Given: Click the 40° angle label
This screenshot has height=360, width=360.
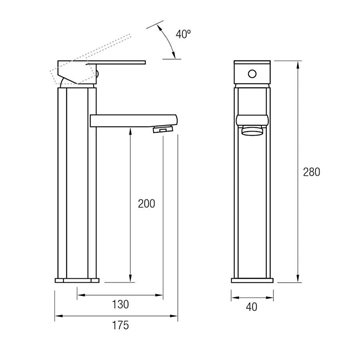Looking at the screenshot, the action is tap(184, 34).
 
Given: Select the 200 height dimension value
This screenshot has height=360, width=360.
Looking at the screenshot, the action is tap(147, 204).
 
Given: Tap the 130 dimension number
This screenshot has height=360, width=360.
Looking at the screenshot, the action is tap(120, 304).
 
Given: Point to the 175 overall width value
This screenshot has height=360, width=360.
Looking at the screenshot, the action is tap(120, 325).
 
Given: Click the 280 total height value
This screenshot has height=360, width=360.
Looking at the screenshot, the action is tap(311, 172).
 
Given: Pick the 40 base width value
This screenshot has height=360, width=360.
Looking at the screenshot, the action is tap(252, 307).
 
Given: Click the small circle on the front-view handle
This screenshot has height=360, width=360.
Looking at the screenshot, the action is tap(253, 74).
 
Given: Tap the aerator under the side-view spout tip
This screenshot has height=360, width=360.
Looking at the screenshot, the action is tap(164, 128).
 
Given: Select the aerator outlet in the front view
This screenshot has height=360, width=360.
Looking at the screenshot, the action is tap(252, 132).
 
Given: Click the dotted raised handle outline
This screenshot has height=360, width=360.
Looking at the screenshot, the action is tap(90, 60).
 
